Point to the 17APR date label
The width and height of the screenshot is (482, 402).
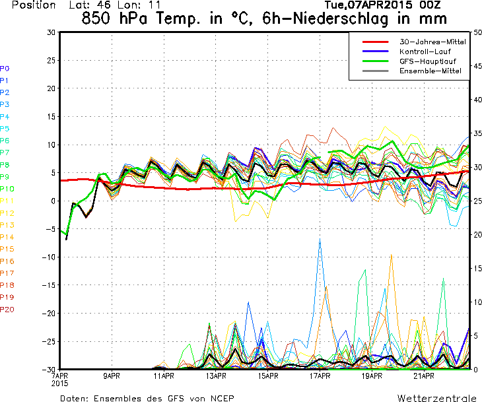tap(320, 376)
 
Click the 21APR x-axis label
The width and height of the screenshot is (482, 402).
tap(424, 376)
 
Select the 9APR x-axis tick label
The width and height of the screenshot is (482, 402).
tap(111, 376)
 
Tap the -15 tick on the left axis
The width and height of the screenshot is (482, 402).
tap(48, 285)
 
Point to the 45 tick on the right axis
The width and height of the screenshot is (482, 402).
tap(477, 65)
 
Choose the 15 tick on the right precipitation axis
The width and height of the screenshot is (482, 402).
tap(477, 268)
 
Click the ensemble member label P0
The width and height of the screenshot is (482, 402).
tap(5, 68)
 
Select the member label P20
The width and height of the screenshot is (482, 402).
tap(7, 309)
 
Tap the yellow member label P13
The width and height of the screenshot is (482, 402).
tap(7, 225)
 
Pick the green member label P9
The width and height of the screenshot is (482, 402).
tap(5, 177)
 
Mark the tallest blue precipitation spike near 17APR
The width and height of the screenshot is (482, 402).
tap(320, 239)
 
